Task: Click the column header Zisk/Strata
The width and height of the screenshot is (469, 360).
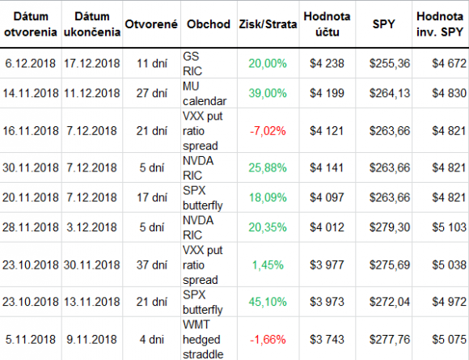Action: tap(268, 24)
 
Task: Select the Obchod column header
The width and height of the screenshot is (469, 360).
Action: tap(209, 24)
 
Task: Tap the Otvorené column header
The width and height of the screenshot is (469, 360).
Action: tap(151, 24)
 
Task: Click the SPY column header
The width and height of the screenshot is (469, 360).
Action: tap(384, 24)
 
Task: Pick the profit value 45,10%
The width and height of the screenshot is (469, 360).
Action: tap(268, 302)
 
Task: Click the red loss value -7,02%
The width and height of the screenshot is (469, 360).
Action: tap(268, 131)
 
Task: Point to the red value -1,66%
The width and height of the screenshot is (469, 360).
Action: tap(268, 340)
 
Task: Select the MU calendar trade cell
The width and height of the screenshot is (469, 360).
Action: tap(205, 94)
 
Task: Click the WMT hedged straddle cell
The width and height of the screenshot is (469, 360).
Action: tap(203, 340)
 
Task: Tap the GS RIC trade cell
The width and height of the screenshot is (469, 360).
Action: tap(192, 64)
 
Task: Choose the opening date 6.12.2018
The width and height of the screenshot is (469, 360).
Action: tap(31, 63)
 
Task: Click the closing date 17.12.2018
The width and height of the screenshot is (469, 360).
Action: tap(92, 63)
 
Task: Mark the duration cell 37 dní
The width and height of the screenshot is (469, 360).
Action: tap(152, 265)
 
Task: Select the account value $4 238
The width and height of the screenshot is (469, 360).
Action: tap(327, 63)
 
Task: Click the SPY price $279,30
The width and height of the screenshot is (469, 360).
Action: tap(390, 227)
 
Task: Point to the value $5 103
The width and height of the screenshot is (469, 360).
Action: tap(449, 227)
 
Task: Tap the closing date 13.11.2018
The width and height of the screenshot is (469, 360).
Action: tap(92, 302)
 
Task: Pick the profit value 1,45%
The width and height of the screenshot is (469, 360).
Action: tap(268, 265)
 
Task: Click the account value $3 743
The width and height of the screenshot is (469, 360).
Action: tap(327, 340)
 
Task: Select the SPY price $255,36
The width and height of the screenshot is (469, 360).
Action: tap(390, 63)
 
